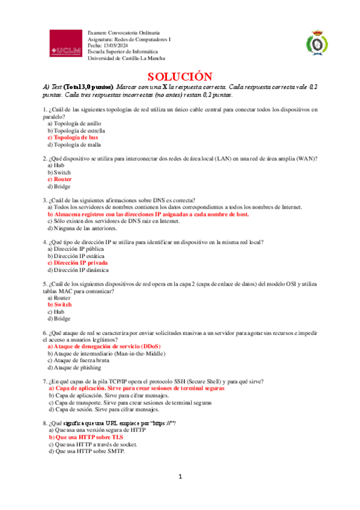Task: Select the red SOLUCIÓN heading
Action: pyautogui.click(x=180, y=76)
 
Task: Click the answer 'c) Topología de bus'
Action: pyautogui.click(x=73, y=137)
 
